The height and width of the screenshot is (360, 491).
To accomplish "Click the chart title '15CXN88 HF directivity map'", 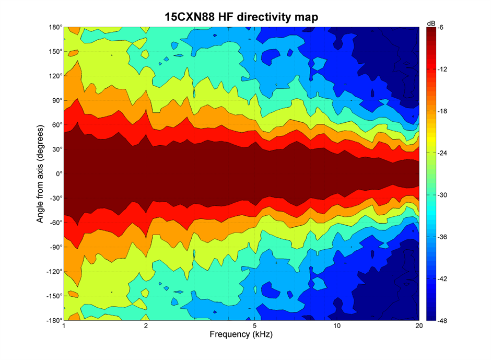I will [240, 17].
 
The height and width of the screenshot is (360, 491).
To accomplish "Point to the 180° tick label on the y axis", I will [54, 27].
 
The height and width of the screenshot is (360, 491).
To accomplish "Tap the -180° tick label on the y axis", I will [52, 320].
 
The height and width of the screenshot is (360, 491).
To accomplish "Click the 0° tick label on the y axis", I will [57, 173].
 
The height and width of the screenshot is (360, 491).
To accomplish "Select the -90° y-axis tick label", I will [54, 247].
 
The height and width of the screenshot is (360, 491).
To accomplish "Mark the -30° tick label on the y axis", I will [54, 198].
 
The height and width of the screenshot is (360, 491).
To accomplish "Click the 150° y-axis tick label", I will [54, 51].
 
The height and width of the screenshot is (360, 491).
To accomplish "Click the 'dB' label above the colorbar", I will [431, 24].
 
